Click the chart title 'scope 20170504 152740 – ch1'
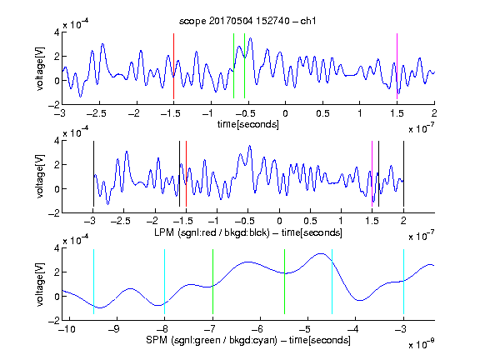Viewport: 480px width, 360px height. tap(247, 21)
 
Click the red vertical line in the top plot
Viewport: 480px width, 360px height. tap(173, 66)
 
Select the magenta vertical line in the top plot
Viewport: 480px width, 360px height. tap(397, 66)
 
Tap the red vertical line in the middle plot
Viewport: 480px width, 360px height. tap(186, 174)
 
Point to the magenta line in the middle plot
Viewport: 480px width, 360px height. tap(372, 174)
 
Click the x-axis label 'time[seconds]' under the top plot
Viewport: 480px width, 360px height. tap(248, 124)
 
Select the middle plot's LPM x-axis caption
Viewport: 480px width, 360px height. tap(248, 232)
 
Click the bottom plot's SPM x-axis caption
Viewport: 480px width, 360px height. tap(248, 340)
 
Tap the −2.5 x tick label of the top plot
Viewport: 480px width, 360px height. tap(96, 113)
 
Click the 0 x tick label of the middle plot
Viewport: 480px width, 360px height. tap(279, 221)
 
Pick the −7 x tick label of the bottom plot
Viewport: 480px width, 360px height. tap(209, 329)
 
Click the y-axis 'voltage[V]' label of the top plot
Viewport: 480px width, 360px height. tap(40, 68)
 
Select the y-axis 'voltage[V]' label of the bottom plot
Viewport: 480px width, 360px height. tap(40, 284)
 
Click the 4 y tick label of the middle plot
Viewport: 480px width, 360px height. tap(57, 141)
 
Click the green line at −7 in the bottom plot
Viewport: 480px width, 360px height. tap(212, 282)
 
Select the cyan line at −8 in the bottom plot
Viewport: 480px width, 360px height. tap(164, 282)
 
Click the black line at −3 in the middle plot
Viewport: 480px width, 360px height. tap(93, 174)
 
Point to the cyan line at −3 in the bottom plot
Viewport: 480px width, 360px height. tap(403, 282)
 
